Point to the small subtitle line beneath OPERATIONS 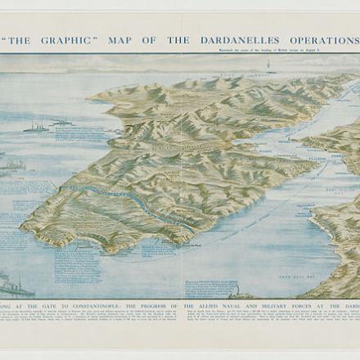click(307, 49)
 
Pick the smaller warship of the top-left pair click(61, 124)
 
